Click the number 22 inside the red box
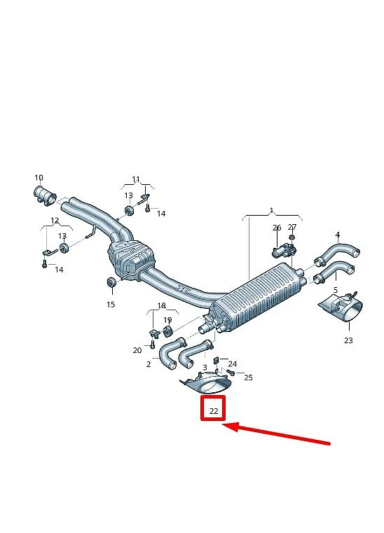[214, 411]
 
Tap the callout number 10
[39, 177]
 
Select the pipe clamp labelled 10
[45, 195]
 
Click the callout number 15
[111, 304]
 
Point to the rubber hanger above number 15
[112, 282]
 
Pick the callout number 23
[348, 340]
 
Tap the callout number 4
[338, 235]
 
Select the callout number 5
[336, 290]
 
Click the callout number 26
[277, 228]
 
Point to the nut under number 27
[292, 237]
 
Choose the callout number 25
[248, 378]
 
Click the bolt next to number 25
[231, 373]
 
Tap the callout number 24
[233, 364]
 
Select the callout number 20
[137, 350]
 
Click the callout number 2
[149, 364]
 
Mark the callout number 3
[205, 368]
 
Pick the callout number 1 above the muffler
[271, 210]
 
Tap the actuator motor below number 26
[283, 251]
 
